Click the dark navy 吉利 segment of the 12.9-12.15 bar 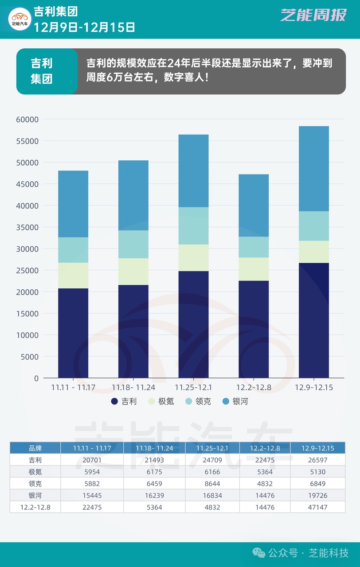coord(314,320)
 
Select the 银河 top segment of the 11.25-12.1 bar coord(193,171)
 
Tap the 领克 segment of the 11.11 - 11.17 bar coord(73,250)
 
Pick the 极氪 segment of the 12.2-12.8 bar coord(254,269)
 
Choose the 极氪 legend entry coord(161,401)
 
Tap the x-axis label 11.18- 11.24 coord(133,388)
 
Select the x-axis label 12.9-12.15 coord(314,388)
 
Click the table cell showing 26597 coord(318,460)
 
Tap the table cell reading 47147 coord(318,507)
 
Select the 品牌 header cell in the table coord(35,448)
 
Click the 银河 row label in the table coord(35,495)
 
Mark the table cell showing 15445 coord(92,495)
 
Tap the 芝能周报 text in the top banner coord(313,15)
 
